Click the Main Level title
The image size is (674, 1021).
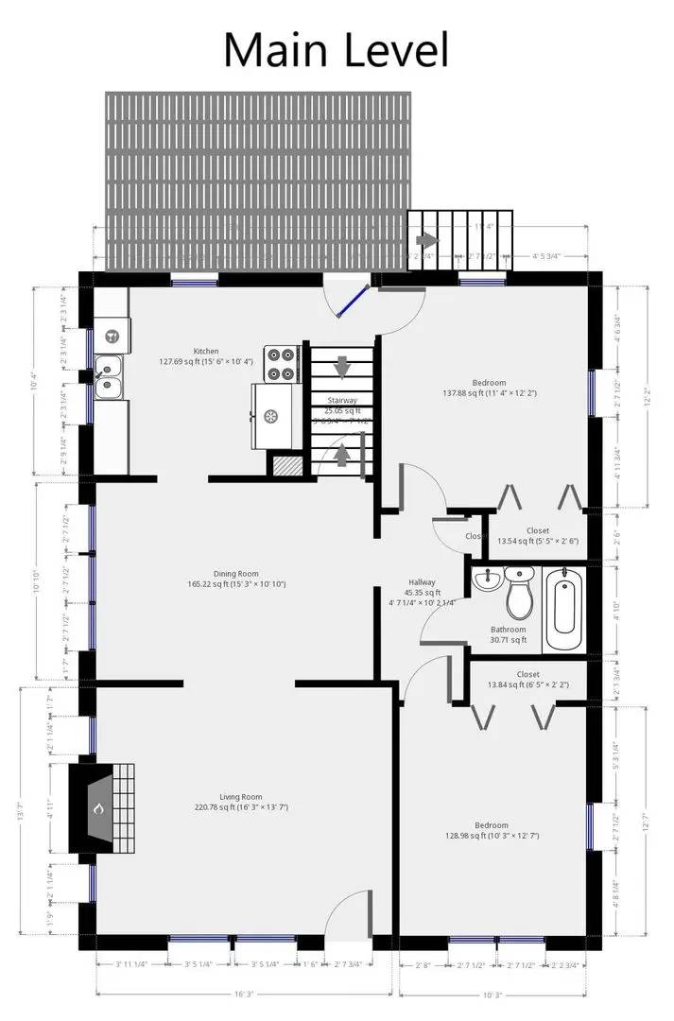click(336, 49)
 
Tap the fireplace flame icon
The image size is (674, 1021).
click(97, 809)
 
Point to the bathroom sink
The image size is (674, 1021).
click(488, 579)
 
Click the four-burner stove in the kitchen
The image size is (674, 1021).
click(282, 364)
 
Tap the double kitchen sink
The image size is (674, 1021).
click(109, 375)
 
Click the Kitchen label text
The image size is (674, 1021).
click(206, 351)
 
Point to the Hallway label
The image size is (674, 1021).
click(422, 582)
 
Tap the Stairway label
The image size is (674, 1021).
click(342, 401)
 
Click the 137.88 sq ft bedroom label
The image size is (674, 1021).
click(490, 388)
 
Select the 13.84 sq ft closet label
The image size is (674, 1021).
click(527, 679)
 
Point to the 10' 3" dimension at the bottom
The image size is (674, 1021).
click(492, 994)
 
